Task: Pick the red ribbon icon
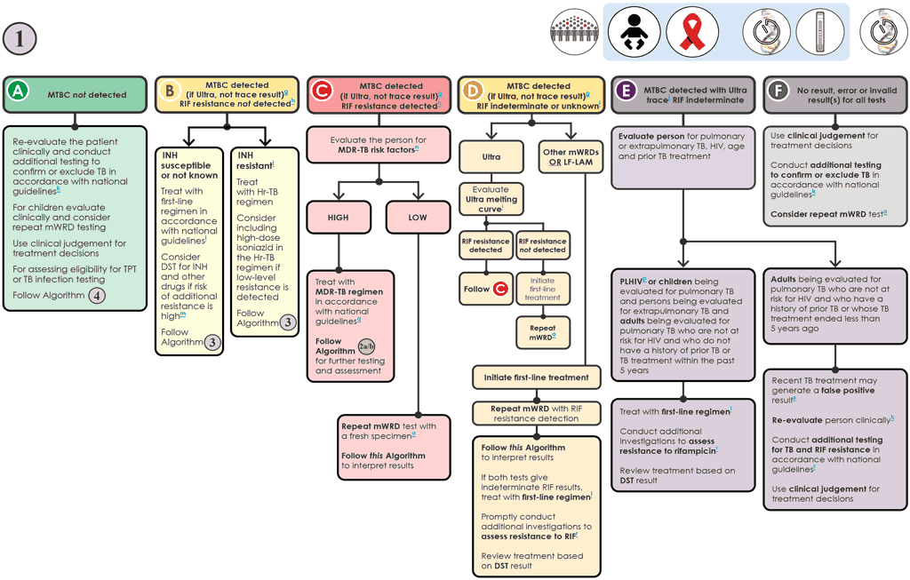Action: click(691, 31)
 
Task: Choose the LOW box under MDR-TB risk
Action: click(416, 218)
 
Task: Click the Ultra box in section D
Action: click(491, 156)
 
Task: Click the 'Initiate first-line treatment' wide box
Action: click(537, 377)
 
